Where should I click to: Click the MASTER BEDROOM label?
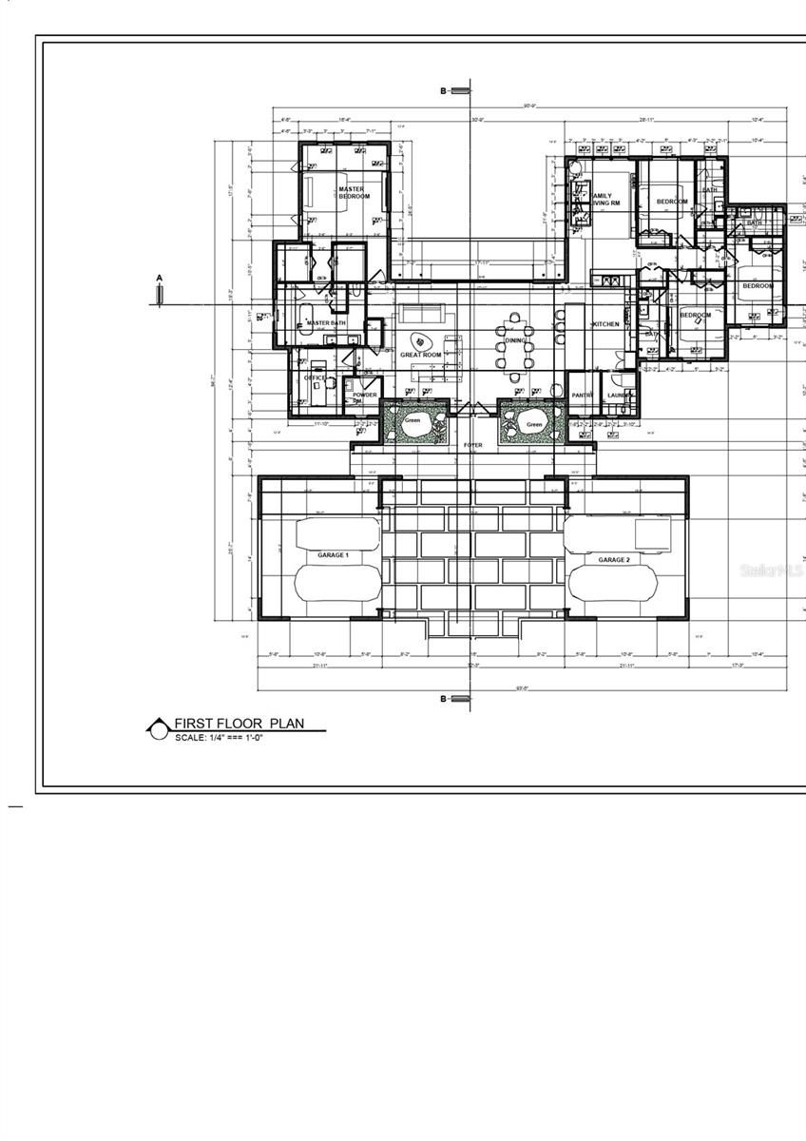click(354, 193)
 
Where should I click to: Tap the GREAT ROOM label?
click(421, 355)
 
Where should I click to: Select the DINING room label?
click(516, 339)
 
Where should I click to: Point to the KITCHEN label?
click(605, 325)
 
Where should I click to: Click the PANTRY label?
click(582, 396)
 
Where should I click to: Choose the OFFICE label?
click(315, 378)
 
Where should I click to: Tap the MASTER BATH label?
click(326, 323)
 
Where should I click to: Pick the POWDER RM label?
click(365, 397)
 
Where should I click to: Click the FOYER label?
click(473, 445)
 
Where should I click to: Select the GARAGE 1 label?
click(333, 555)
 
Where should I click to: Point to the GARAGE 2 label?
click(613, 560)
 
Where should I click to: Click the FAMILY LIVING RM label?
click(604, 200)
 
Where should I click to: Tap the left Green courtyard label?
click(413, 419)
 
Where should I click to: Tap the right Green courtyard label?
click(534, 425)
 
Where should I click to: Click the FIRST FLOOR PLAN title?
click(240, 724)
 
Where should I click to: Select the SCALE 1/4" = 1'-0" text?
click(219, 738)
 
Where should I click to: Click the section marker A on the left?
click(160, 279)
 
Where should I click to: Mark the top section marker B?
click(443, 91)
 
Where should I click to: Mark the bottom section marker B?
click(443, 699)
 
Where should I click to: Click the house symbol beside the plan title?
click(157, 728)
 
